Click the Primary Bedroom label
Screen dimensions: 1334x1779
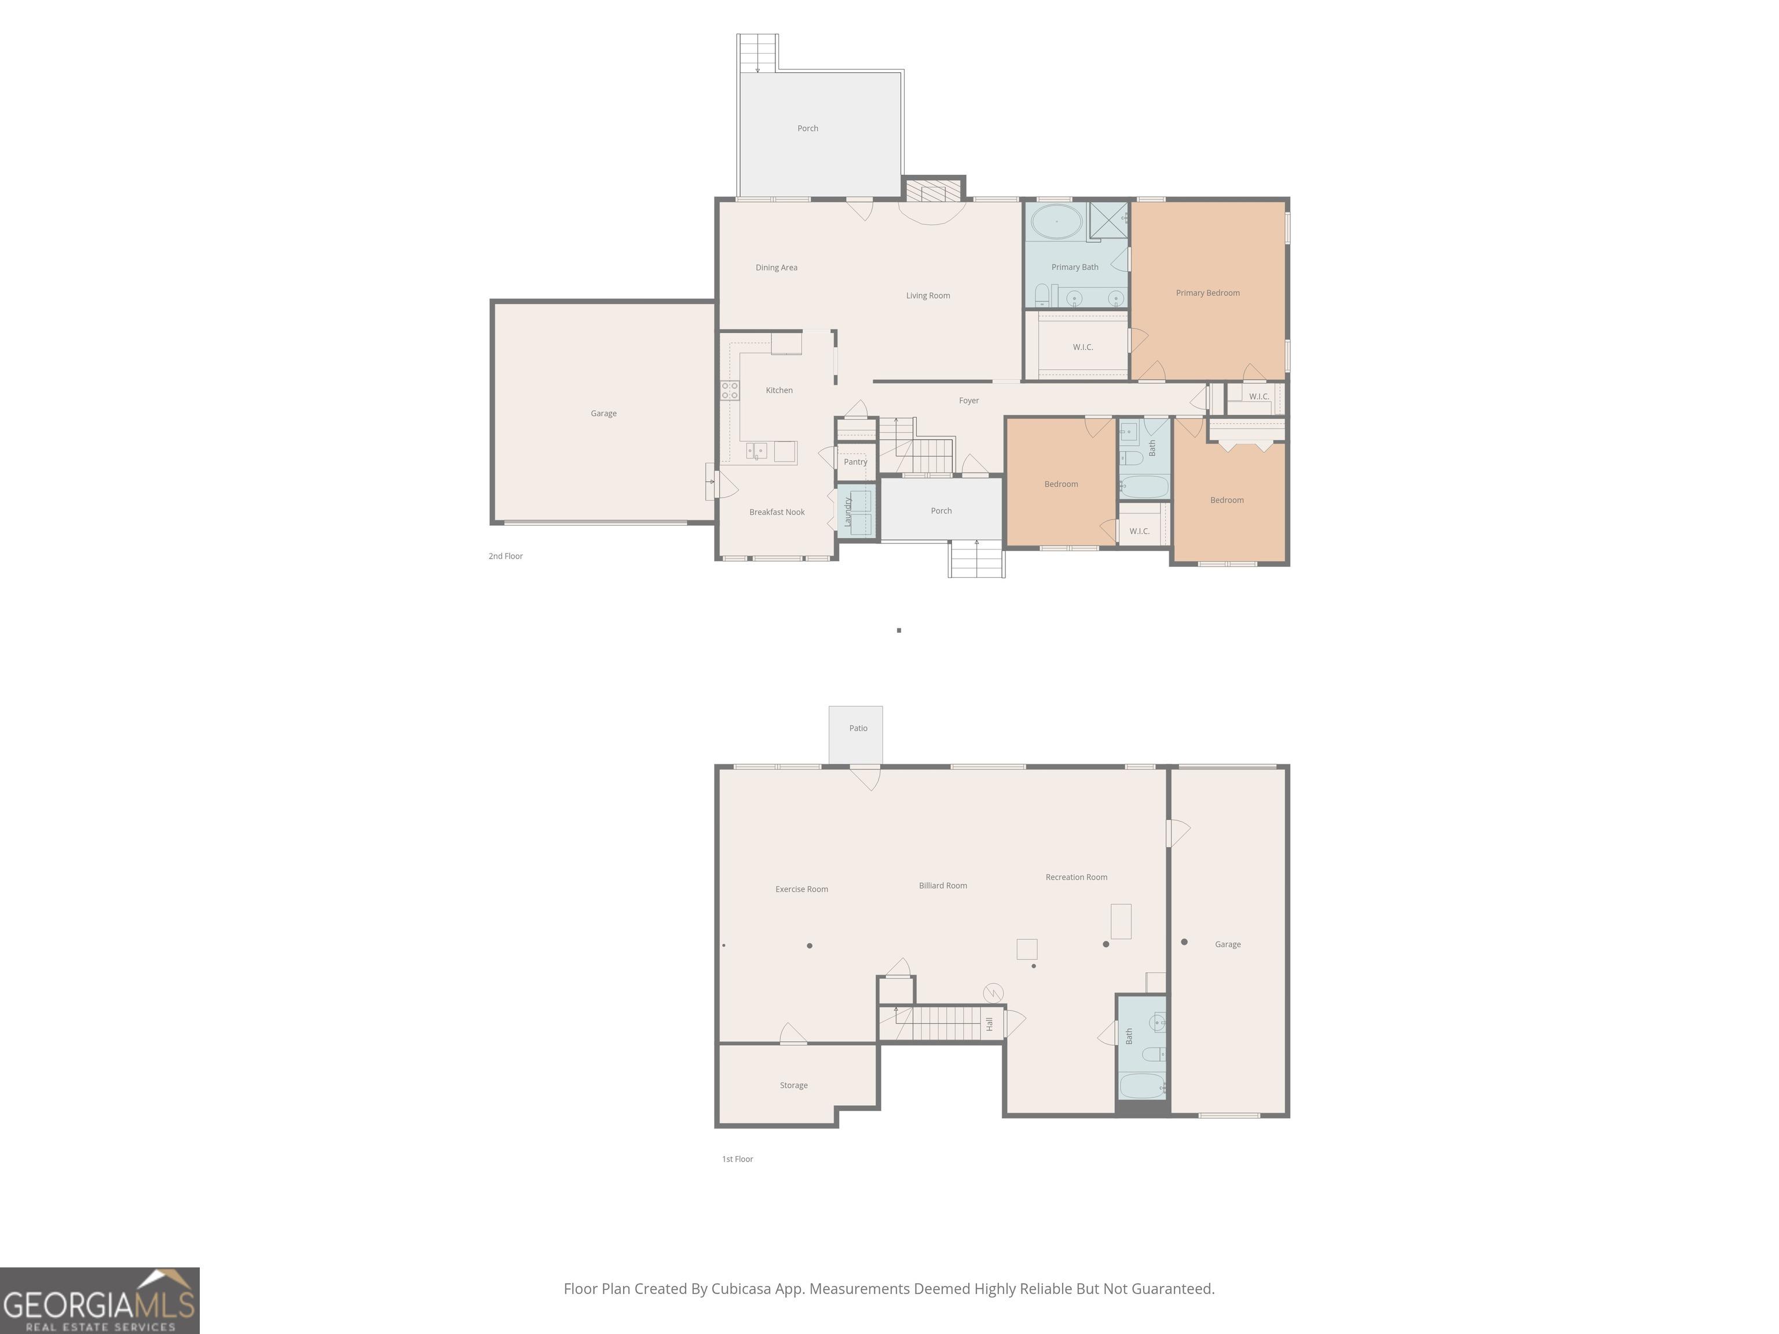pos(1207,293)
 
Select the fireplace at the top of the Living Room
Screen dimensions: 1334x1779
pos(933,192)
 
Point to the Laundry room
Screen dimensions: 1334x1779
pos(855,511)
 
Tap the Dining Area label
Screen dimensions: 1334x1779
pos(776,267)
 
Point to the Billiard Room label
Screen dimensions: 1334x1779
pos(943,886)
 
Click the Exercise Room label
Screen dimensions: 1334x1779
pos(801,889)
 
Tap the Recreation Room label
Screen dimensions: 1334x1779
pos(1076,877)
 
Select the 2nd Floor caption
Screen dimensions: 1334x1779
pos(505,556)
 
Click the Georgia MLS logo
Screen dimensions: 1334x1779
pos(99,1301)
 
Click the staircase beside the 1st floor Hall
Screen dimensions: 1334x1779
pos(941,1024)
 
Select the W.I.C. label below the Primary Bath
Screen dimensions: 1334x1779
pos(1082,347)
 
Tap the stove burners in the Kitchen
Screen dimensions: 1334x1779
pos(730,391)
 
